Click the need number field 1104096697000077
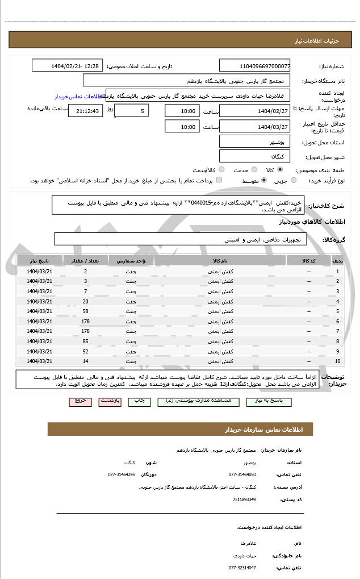(254, 66)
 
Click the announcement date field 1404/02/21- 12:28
(68, 66)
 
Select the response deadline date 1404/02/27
(254, 110)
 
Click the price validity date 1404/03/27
(254, 126)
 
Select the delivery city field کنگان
(254, 156)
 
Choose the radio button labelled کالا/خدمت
(221, 170)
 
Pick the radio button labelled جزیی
(294, 181)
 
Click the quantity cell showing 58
(85, 312)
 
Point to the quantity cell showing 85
(85, 341)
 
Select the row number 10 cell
(337, 361)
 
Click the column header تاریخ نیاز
(39, 261)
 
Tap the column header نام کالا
(220, 261)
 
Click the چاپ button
(139, 401)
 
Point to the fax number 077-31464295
(121, 474)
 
